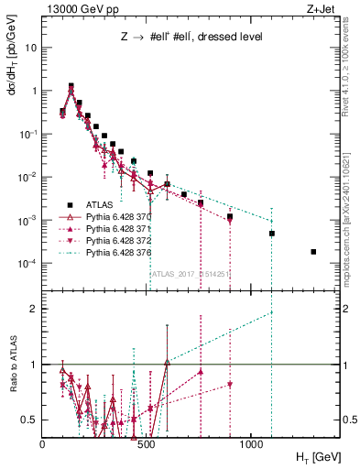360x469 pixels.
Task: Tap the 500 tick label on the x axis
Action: tap(147, 443)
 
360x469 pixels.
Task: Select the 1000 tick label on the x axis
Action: tap(251, 443)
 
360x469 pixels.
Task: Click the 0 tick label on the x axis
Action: tap(43, 443)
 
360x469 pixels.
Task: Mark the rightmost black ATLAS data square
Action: tap(313, 252)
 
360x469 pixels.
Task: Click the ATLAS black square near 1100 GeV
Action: tap(272, 234)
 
